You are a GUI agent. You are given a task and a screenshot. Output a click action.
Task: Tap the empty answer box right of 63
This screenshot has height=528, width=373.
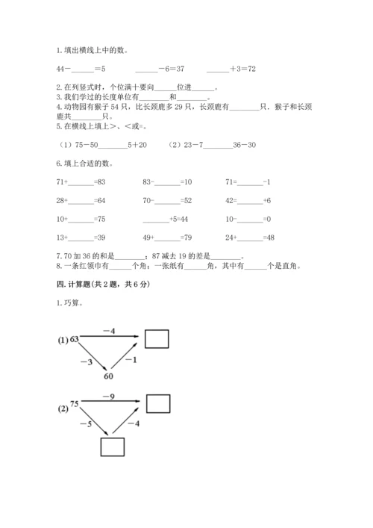tap(157, 340)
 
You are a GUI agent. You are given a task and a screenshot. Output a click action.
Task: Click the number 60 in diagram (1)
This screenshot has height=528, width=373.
tap(109, 376)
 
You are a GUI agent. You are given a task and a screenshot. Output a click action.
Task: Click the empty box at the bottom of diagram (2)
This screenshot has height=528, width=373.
tap(111, 447)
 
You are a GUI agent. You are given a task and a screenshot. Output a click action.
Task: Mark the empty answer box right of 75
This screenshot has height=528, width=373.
tap(157, 404)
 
